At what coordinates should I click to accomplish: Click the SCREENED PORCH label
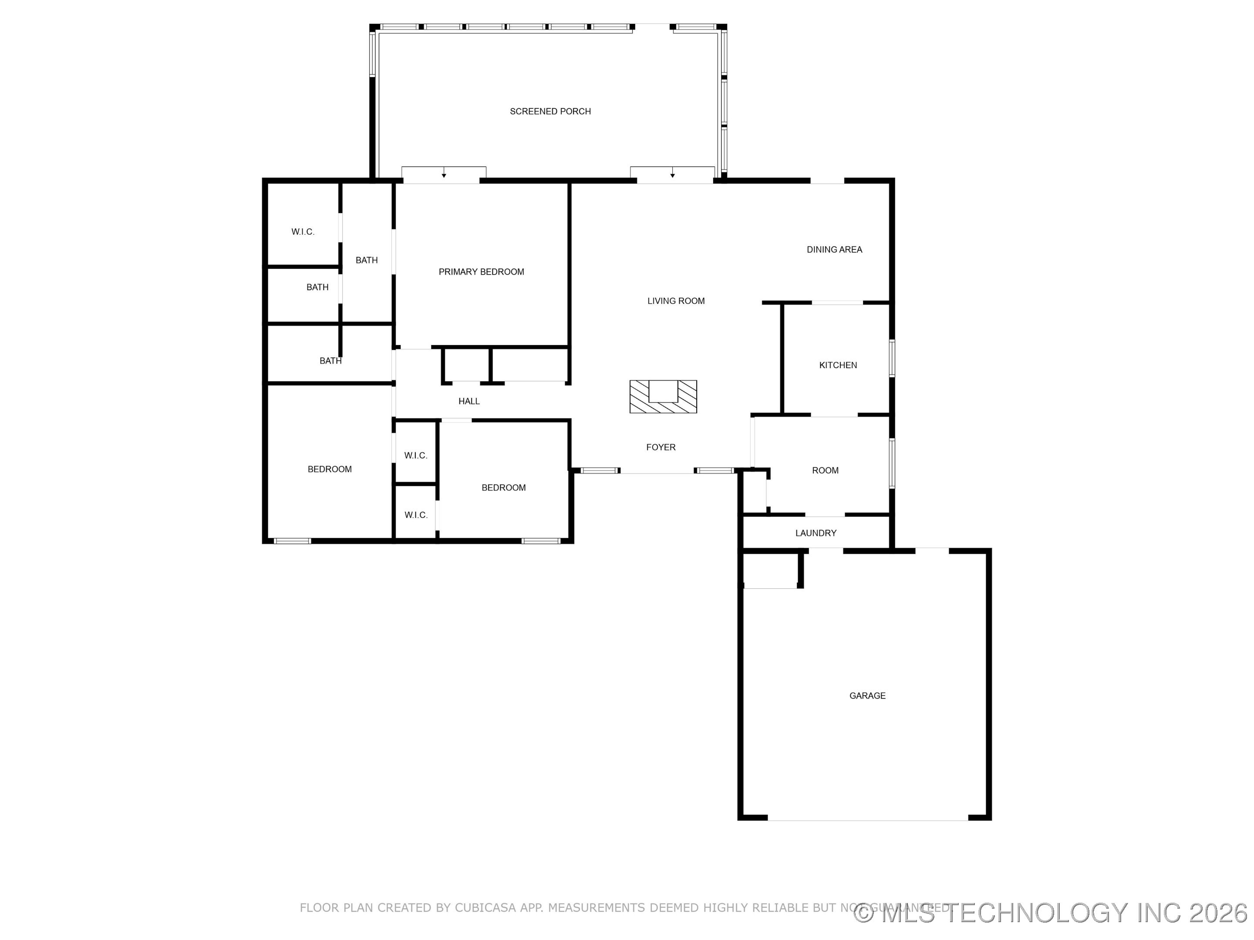point(550,111)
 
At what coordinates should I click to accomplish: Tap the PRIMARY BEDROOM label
point(481,272)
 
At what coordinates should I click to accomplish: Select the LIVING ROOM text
point(676,301)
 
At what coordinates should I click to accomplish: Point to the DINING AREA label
point(834,249)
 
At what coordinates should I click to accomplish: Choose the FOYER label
point(661,447)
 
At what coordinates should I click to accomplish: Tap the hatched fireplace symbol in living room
point(663,396)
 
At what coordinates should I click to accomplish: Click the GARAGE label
point(867,696)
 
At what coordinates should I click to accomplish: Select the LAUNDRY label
point(815,533)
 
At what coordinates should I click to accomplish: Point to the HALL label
point(469,401)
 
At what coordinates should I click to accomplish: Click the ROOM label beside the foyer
point(825,470)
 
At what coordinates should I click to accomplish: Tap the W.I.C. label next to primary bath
point(303,232)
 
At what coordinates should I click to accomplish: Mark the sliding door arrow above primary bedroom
point(444,175)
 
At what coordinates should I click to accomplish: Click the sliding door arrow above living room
point(672,175)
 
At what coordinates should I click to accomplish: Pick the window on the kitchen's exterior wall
point(891,358)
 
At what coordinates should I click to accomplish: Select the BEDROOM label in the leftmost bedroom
point(329,469)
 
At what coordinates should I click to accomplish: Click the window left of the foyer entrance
point(600,470)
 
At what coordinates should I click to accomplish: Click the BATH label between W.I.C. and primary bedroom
point(366,260)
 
